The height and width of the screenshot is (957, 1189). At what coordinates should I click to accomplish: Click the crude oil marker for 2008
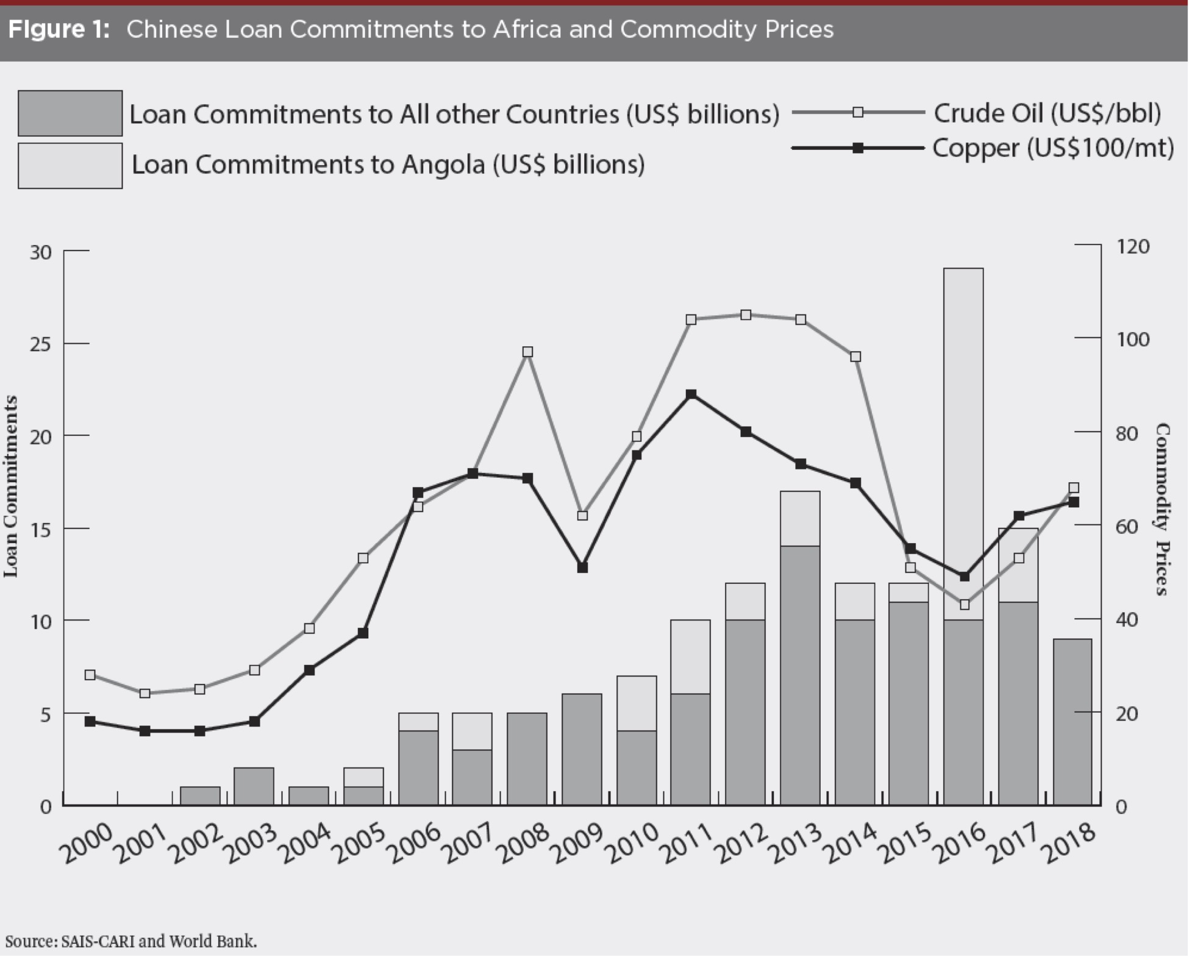point(528,352)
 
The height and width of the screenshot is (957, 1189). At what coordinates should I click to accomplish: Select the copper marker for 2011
point(691,394)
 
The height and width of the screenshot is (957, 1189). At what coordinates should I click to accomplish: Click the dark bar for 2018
point(1073,722)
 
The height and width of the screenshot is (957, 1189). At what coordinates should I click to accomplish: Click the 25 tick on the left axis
point(40,344)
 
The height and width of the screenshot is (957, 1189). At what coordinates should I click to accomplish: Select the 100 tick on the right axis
point(1133,339)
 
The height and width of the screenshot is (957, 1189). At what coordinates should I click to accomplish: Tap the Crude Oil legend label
point(1047,113)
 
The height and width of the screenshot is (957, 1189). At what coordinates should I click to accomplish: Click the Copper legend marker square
point(857,148)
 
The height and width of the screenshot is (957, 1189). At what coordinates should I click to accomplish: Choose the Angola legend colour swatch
point(70,166)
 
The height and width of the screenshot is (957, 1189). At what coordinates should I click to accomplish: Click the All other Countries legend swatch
point(70,113)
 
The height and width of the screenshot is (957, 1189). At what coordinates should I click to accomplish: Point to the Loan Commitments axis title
point(11,486)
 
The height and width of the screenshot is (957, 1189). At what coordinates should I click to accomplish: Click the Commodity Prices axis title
point(1162,508)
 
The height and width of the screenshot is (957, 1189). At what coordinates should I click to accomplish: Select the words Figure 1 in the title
point(59,29)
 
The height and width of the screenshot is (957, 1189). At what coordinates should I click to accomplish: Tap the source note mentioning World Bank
point(131,941)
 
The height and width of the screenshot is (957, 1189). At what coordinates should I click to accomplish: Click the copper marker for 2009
point(582,567)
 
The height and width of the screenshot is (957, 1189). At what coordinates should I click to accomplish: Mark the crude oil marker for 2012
point(746,315)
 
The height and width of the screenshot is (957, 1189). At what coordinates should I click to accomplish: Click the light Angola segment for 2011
point(690,656)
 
